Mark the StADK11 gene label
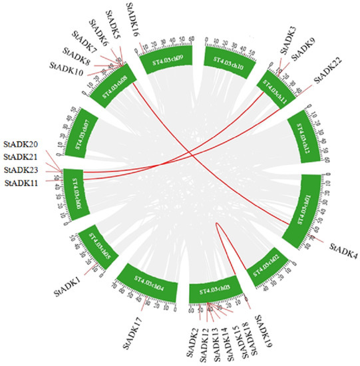coord(22,182)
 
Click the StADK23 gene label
coord(22,170)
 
